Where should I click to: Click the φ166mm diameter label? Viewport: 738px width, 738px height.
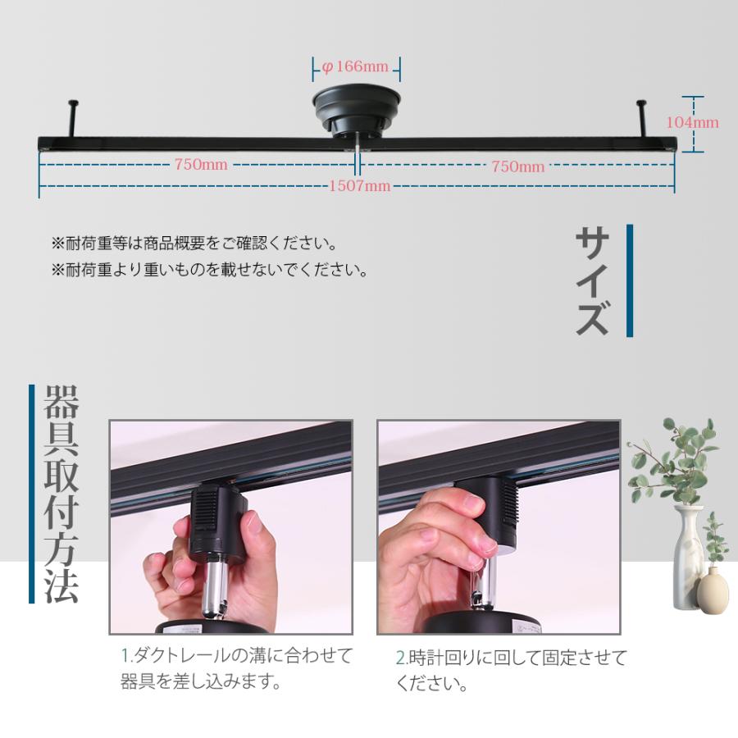(356, 66)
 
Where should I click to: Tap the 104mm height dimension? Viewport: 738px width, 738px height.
(692, 123)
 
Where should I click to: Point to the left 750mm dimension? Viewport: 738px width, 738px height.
(200, 165)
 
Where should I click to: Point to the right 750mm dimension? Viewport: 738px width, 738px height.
(517, 166)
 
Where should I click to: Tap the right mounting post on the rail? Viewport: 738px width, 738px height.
(641, 119)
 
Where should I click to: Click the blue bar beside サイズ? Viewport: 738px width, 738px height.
(630, 280)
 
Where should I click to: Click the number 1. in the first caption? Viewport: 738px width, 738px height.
(126, 656)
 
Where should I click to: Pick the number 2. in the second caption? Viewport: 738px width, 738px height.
(401, 658)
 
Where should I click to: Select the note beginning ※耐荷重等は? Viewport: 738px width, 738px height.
(194, 244)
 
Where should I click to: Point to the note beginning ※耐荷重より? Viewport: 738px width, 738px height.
(209, 270)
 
